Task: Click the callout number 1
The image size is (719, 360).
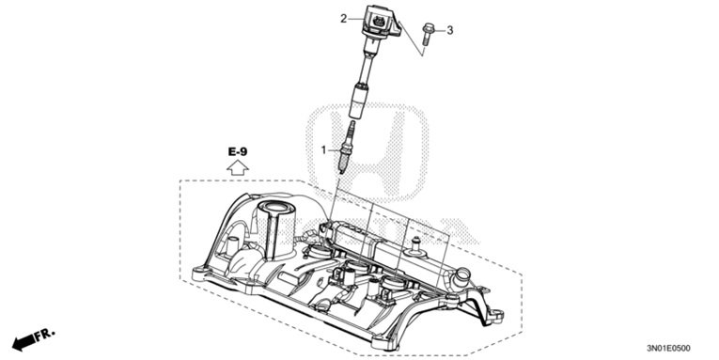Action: [x=325, y=150]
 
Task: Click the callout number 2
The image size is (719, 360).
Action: [x=345, y=16]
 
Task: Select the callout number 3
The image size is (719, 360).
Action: [x=449, y=30]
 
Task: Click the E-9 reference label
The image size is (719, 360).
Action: [x=239, y=151]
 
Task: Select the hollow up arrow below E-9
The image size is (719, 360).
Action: [x=239, y=167]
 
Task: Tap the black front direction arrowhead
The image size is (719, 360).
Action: [x=19, y=340]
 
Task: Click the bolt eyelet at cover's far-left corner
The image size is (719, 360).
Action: [x=199, y=274]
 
